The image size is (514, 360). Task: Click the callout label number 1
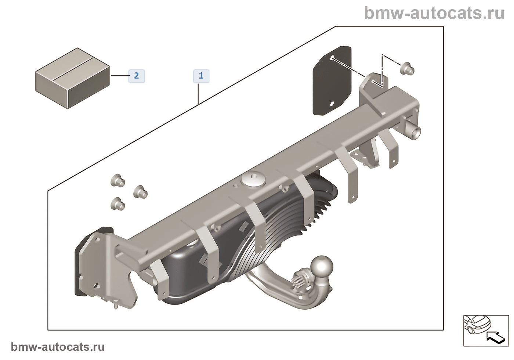[201, 76]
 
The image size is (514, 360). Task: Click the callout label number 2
[137, 76]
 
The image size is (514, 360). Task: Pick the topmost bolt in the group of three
[117, 181]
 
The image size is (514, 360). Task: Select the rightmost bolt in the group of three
[140, 191]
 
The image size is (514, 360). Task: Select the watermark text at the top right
[434, 14]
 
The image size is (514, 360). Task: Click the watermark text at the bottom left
[58, 347]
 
